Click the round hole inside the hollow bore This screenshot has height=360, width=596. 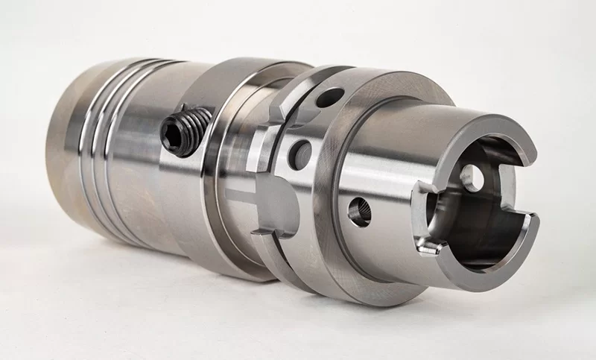pos(470,177)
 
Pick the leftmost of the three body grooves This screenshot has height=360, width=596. pos(83,149)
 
